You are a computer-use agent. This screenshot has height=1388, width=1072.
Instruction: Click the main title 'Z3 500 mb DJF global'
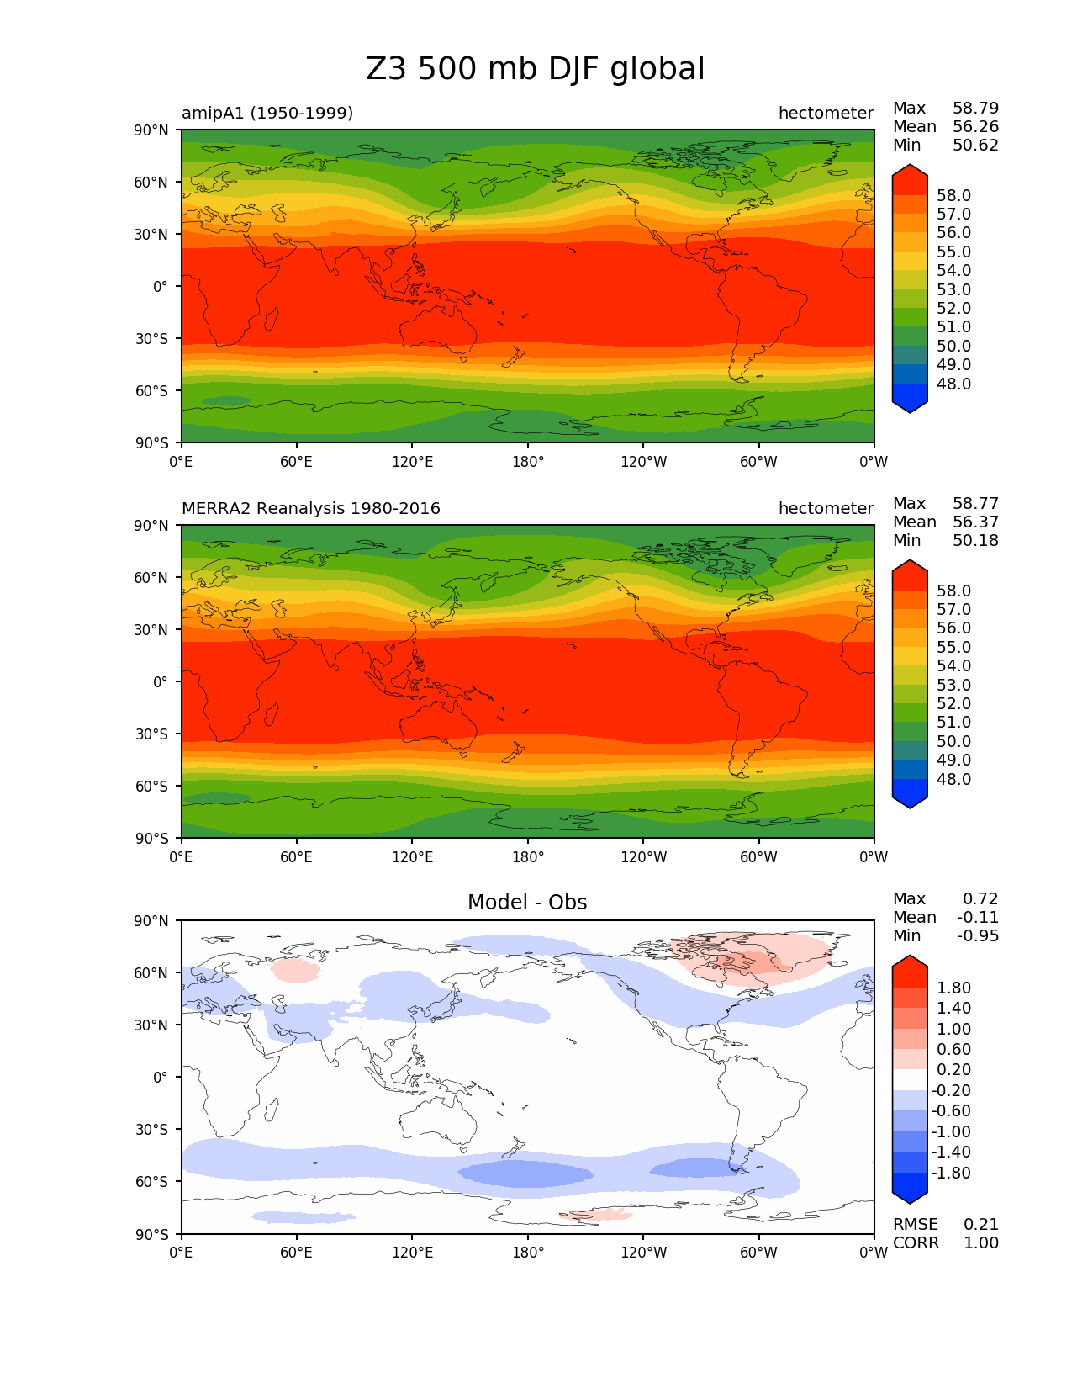536,69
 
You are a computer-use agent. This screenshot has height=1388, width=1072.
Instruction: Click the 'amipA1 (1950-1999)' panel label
267,113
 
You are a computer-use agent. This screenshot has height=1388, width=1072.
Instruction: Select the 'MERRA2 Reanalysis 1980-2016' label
311,508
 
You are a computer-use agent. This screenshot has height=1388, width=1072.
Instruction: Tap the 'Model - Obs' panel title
527,903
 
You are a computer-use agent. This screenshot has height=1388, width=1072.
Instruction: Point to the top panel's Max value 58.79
975,108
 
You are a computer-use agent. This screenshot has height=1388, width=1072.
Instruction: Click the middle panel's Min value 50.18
975,540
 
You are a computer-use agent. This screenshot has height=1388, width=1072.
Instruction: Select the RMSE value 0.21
981,1224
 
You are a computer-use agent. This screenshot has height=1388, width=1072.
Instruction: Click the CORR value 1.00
981,1242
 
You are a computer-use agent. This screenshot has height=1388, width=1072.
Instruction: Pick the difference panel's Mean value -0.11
978,917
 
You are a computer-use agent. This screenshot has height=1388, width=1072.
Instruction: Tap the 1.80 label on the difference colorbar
953,988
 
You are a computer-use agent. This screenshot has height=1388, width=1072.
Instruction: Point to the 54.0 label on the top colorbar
953,270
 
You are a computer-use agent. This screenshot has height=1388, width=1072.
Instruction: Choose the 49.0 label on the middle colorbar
953,760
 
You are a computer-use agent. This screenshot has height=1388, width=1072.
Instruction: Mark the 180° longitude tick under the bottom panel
528,1252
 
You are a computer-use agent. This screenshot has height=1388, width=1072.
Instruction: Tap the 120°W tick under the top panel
643,461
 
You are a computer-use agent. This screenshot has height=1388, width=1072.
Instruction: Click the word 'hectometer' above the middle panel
826,508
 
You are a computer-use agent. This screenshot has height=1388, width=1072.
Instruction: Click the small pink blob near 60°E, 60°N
296,971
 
